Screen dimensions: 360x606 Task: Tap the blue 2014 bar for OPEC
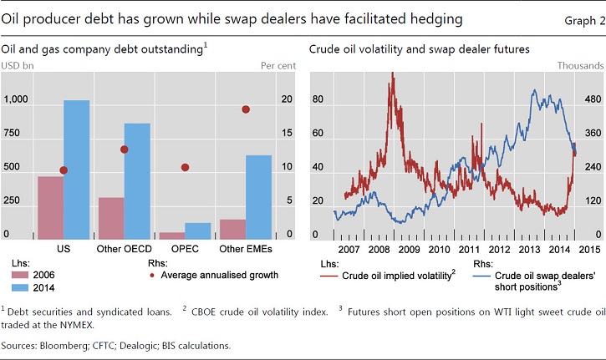(x=198, y=230)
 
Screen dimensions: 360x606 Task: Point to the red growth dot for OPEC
(x=185, y=167)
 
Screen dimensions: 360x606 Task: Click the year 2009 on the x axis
(x=409, y=249)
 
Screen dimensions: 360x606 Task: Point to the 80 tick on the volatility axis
(x=318, y=99)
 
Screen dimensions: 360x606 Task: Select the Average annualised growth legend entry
(x=219, y=274)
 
